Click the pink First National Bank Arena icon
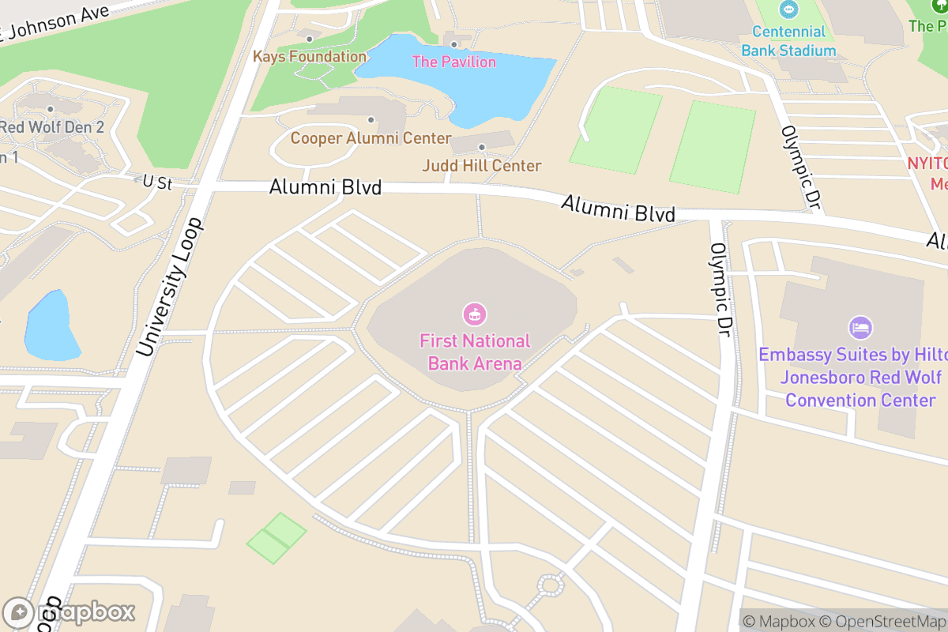click(474, 314)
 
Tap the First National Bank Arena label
click(475, 352)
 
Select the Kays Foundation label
click(310, 57)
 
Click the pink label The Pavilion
click(454, 62)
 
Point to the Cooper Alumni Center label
click(371, 138)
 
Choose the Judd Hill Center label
click(482, 166)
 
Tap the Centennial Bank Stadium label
click(788, 41)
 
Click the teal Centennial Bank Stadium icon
click(788, 10)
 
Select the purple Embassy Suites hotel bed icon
click(860, 327)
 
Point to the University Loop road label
click(170, 286)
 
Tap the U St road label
click(158, 182)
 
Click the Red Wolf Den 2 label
click(52, 127)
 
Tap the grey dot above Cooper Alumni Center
click(371, 120)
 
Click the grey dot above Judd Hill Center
click(482, 147)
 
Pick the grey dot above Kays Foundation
click(310, 39)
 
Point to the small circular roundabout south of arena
click(549, 585)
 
